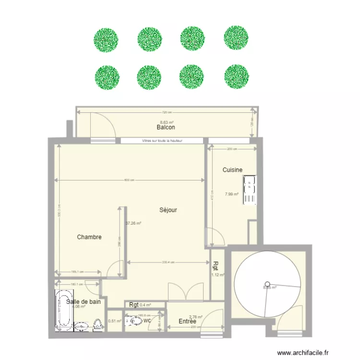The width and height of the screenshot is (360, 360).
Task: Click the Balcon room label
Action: [x=165, y=128]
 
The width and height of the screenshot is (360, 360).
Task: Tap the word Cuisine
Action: [x=232, y=170]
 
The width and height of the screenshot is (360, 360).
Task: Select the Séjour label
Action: [x=168, y=210]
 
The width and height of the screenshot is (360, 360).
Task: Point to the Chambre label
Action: [x=89, y=237]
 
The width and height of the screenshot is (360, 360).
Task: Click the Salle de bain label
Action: [x=84, y=302]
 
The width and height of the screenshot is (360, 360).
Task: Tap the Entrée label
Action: [x=187, y=322]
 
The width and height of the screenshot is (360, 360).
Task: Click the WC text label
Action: [x=147, y=320]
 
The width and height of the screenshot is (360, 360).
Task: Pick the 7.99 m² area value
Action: [x=232, y=194]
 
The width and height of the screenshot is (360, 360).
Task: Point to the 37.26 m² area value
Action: [x=133, y=223]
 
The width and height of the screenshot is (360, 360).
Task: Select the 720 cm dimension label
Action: [x=166, y=112]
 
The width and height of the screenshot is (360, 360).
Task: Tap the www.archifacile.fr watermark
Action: [x=304, y=352]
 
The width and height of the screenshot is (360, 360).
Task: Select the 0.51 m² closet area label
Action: [x=114, y=322]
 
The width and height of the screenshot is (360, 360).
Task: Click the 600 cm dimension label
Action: [x=129, y=180]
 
